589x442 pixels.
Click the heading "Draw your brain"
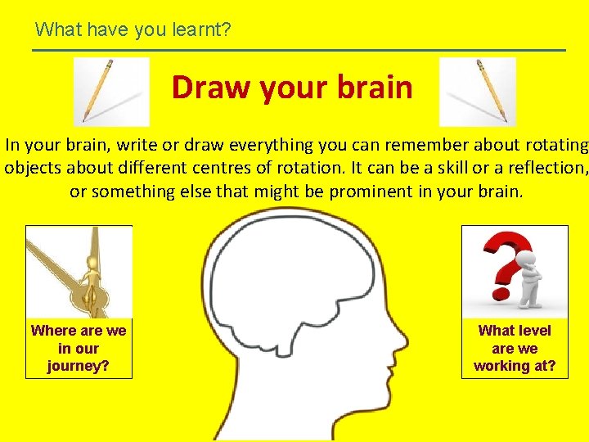[x=292, y=88]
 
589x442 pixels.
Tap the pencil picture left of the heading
[x=111, y=91]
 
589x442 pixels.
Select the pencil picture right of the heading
[x=478, y=91]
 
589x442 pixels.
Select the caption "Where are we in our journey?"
[x=79, y=348]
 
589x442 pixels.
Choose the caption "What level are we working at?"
[x=515, y=348]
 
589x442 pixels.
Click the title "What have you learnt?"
[x=133, y=30]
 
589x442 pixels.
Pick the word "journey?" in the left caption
[x=79, y=366]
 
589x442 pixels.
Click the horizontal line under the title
[x=299, y=51]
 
